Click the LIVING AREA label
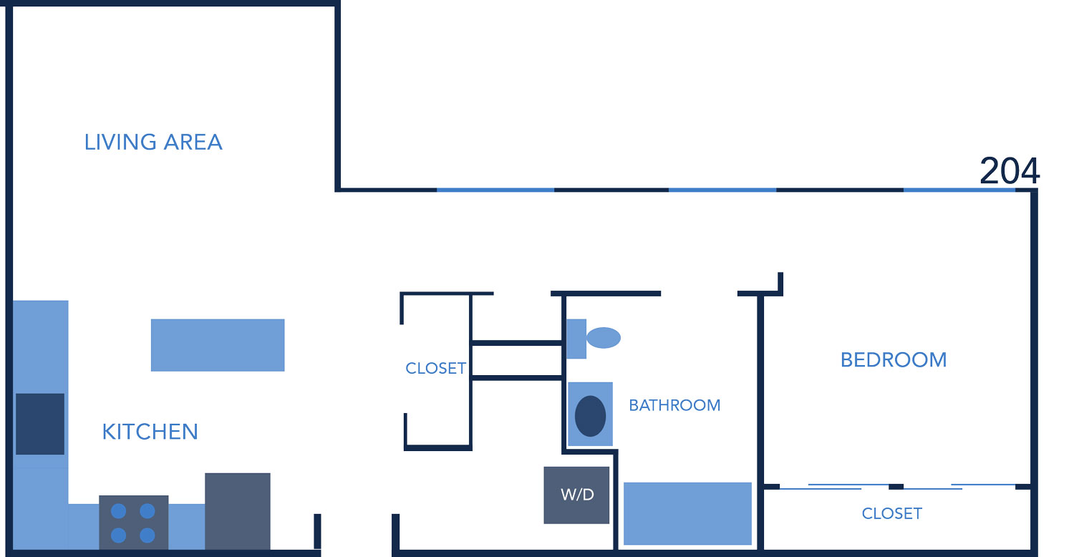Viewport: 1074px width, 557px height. [153, 142]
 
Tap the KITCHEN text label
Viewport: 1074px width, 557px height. [150, 432]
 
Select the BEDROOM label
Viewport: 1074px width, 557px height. [894, 359]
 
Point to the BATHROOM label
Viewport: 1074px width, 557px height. [674, 405]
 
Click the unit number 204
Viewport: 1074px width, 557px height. [1009, 172]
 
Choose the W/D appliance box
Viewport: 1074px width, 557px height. [576, 495]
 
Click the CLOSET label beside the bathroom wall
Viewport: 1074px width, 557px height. [435, 369]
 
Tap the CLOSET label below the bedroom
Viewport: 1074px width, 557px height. [891, 513]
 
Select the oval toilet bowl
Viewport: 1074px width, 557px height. [604, 337]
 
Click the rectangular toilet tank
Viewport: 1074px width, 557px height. [576, 339]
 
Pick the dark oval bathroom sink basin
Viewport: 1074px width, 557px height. [590, 416]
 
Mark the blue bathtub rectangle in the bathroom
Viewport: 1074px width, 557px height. [687, 513]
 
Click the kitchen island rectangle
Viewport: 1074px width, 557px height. [218, 345]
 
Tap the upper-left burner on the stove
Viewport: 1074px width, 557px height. [119, 511]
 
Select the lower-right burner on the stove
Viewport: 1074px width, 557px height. [147, 536]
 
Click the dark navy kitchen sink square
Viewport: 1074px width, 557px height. [40, 424]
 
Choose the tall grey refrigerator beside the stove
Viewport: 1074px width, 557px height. [238, 511]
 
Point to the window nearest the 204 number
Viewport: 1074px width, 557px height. [959, 190]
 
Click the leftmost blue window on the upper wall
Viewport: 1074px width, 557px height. [495, 190]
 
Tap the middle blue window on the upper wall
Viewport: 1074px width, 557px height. [722, 190]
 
